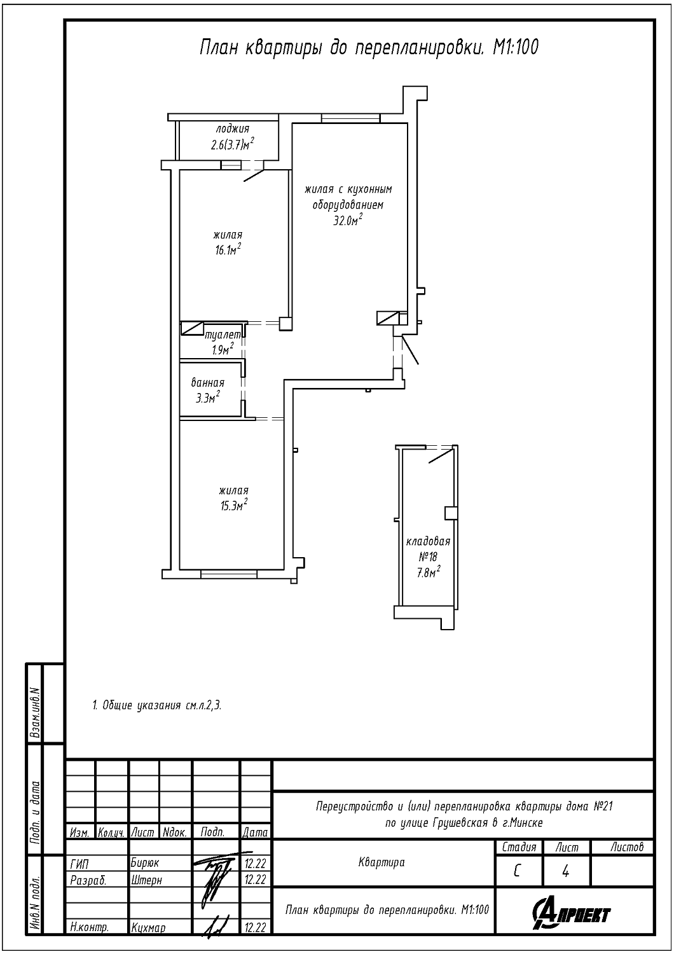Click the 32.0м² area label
tap(348, 220)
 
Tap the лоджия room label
tap(233, 128)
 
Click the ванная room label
tap(208, 382)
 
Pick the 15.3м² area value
tap(234, 505)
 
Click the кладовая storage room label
tap(428, 541)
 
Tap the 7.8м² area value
tap(429, 572)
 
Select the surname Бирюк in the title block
tap(145, 863)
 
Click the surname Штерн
tap(146, 880)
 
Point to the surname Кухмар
tap(148, 927)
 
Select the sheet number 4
tap(565, 872)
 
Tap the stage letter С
tap(517, 872)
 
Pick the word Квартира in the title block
tap(382, 862)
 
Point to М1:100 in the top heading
tap(516, 47)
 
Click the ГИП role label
tap(79, 863)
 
